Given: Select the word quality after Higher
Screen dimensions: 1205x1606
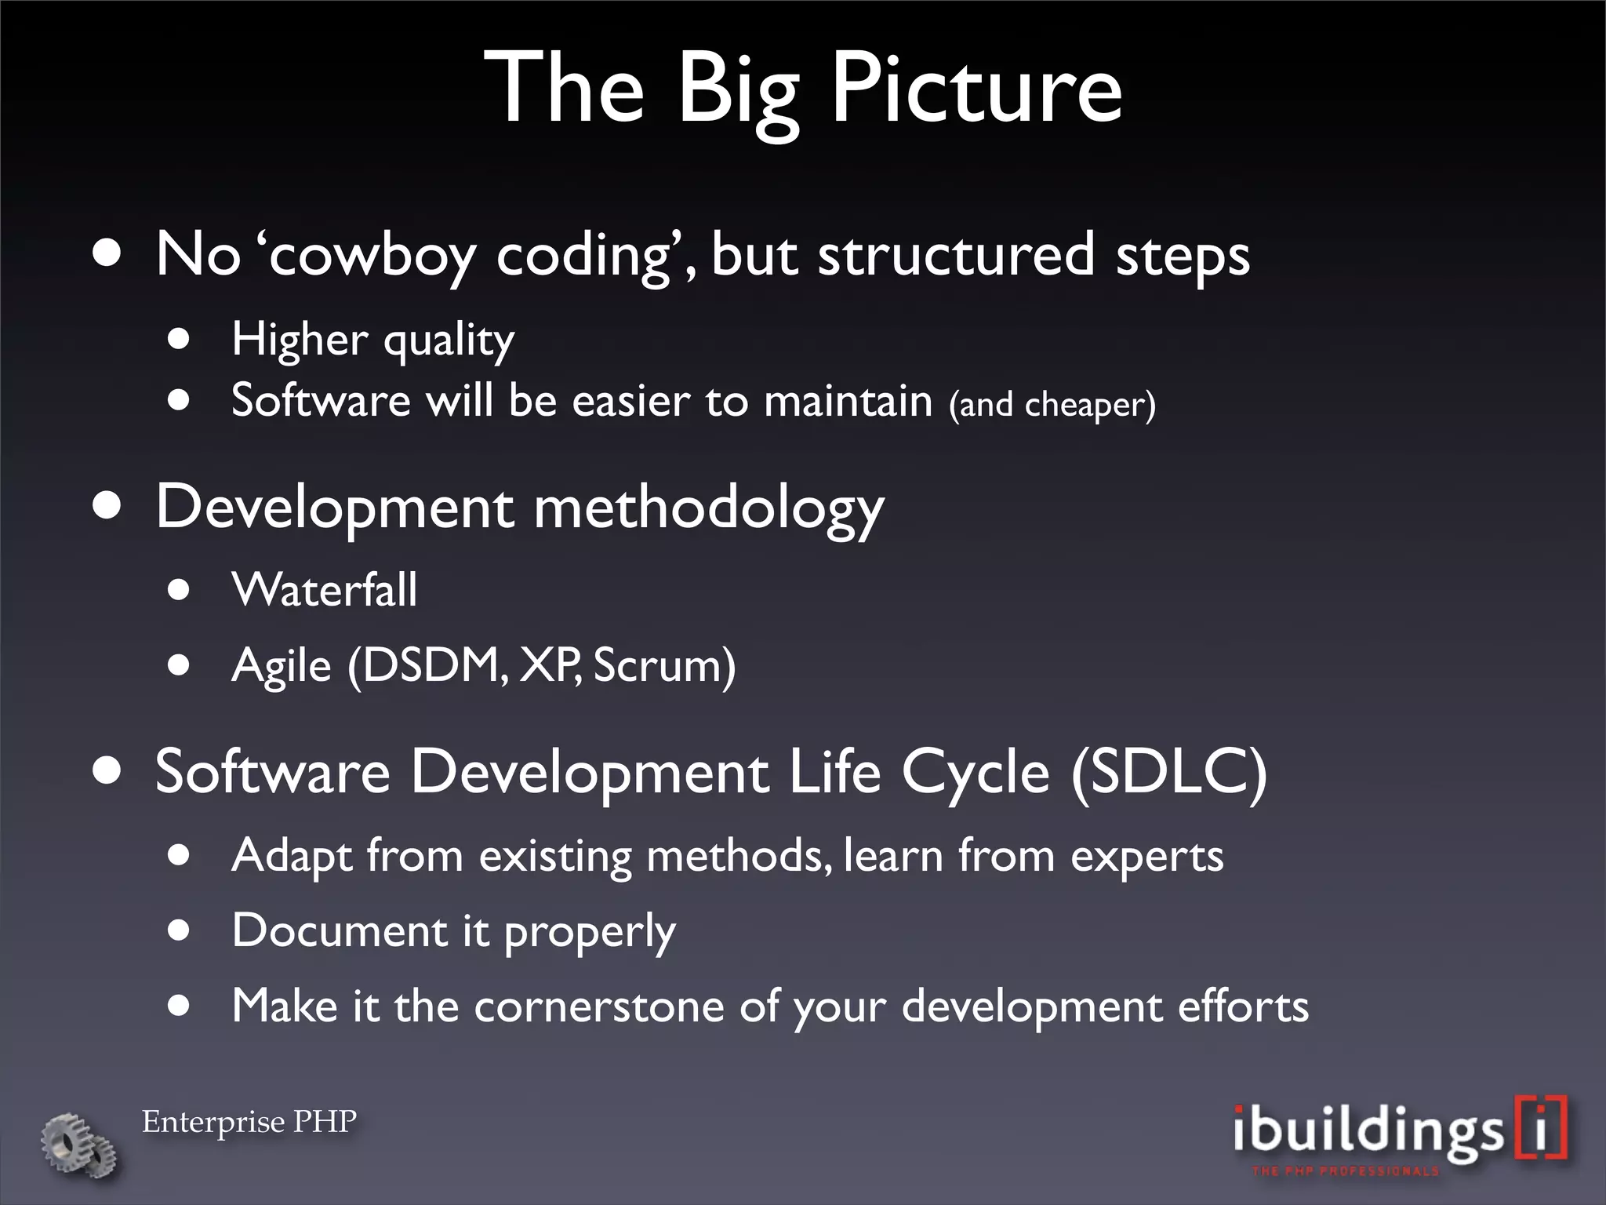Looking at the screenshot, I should pos(449,341).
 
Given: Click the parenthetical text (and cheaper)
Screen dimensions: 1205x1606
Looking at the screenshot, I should pos(1052,405).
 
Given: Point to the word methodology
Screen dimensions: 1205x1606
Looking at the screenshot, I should pos(708,508).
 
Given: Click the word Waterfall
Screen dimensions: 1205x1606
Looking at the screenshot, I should pos(325,590).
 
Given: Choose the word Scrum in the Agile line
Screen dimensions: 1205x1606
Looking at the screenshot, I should pos(663,666).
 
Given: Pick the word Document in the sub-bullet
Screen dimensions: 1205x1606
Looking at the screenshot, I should pos(340,931).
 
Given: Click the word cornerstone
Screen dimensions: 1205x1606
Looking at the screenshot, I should pos(598,1007).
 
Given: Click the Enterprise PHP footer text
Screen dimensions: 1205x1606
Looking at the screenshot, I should pos(249,1122).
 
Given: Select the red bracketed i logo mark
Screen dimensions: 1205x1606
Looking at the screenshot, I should pos(1541,1128).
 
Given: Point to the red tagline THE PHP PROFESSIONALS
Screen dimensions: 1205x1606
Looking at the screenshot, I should pos(1345,1171).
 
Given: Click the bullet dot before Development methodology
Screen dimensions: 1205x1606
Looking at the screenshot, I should pos(107,506).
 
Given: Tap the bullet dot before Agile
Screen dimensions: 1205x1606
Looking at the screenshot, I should pos(179,665).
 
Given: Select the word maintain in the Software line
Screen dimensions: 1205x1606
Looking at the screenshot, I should pos(848,401).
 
